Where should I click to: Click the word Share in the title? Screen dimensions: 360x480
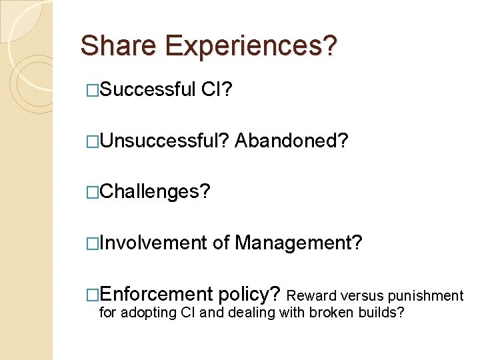119,46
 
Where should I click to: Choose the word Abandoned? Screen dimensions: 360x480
291,140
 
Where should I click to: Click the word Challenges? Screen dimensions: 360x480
155,192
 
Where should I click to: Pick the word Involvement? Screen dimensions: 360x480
153,243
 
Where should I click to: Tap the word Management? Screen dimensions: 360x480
299,243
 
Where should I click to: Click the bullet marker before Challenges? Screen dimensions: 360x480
93,192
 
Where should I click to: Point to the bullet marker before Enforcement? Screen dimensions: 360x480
93,295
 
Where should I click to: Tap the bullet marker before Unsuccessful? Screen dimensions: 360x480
93,140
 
